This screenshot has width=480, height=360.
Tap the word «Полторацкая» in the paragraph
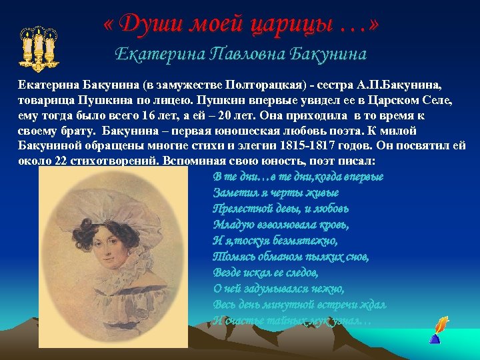(x=263, y=87)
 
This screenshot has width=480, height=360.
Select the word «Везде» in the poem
(x=227, y=273)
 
